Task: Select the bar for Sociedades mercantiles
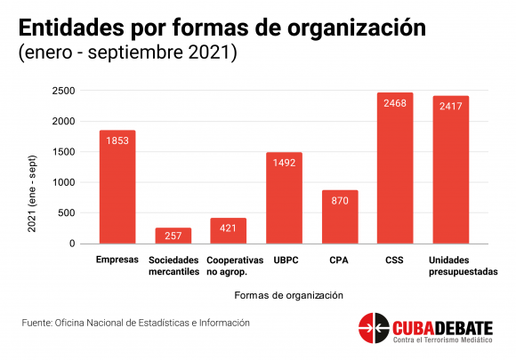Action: [x=173, y=236]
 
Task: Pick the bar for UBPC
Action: [x=284, y=197]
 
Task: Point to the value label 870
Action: [x=339, y=202]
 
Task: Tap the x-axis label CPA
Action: [x=339, y=260]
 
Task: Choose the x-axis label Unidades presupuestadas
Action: [x=450, y=265]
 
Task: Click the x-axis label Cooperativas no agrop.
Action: [x=228, y=265]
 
